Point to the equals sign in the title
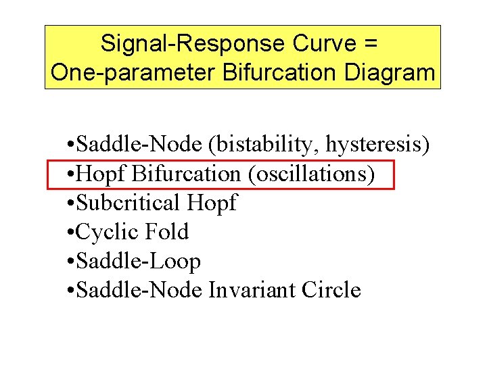370,44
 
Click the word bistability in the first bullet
265,144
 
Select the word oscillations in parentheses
312,174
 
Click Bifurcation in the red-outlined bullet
186,174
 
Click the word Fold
168,232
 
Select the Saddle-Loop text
138,261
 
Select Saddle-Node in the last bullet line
138,290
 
